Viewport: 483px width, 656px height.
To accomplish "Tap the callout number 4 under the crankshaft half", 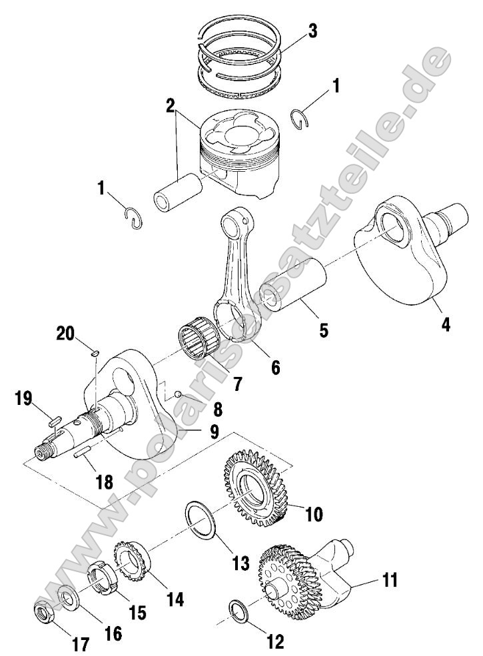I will (x=444, y=325).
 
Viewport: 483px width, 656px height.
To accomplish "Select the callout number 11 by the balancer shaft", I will (x=390, y=579).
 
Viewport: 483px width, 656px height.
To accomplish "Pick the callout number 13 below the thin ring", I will (x=241, y=563).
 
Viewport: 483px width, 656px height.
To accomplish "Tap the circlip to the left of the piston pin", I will (x=135, y=218).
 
